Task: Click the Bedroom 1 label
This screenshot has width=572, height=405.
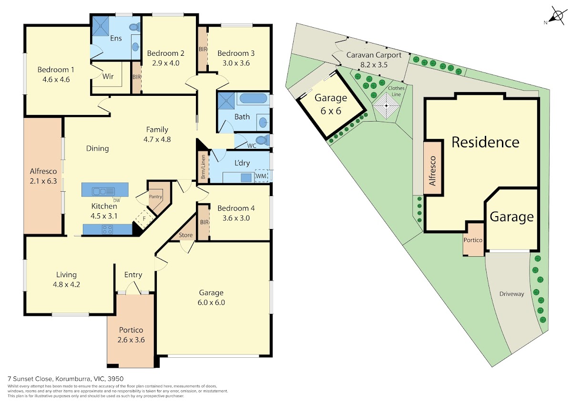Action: (56, 70)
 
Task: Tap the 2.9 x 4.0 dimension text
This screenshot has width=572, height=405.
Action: (166, 63)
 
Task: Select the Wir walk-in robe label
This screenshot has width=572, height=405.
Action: (108, 76)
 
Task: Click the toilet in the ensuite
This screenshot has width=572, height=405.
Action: (135, 27)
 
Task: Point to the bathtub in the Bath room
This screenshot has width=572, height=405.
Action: (253, 98)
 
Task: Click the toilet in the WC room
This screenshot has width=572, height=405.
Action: (262, 140)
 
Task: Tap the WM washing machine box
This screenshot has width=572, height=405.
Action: (262, 176)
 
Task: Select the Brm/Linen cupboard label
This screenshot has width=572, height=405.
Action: (203, 167)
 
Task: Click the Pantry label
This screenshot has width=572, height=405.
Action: (155, 197)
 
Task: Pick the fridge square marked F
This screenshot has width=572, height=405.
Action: (144, 219)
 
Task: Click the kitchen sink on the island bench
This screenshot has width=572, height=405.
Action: (104, 191)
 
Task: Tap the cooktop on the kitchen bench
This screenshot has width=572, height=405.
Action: (107, 229)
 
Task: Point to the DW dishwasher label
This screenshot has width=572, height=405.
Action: (116, 200)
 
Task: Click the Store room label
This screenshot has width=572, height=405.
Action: (185, 235)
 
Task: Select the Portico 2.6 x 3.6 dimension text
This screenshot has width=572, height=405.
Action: (131, 340)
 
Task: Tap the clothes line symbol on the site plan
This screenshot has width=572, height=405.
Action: (387, 106)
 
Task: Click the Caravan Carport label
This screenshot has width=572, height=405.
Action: (374, 55)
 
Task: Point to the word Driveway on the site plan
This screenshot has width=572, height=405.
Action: (512, 294)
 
